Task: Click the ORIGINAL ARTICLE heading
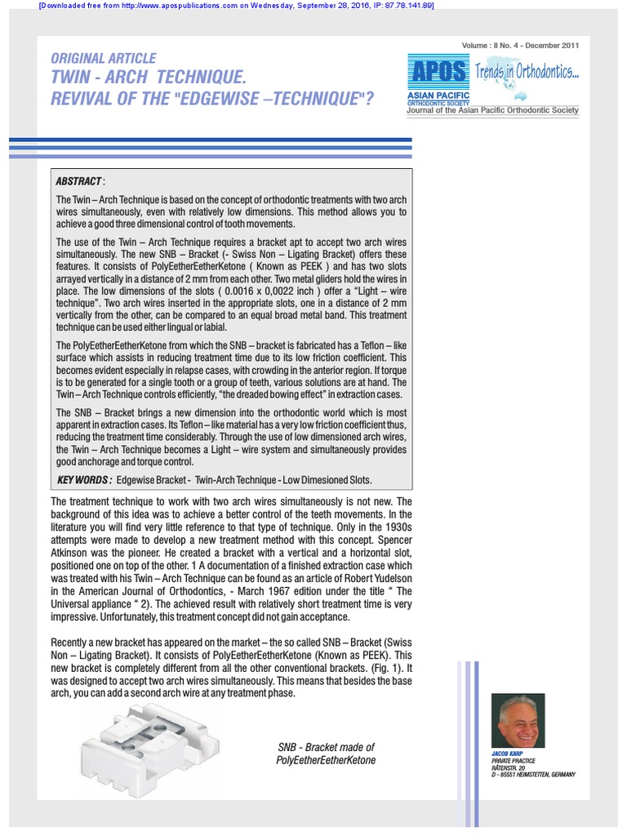(103, 59)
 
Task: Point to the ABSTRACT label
(79, 180)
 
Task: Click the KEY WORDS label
(83, 479)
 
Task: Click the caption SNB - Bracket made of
(326, 747)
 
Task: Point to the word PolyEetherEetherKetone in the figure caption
(326, 761)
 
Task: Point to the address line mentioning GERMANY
(534, 774)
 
